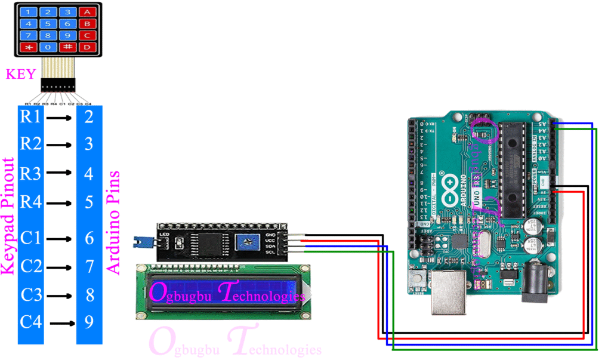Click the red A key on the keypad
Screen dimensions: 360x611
tap(87, 12)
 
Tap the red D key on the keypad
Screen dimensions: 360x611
tap(87, 47)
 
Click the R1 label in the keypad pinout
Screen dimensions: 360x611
tap(30, 116)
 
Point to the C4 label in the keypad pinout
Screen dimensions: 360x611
tap(30, 322)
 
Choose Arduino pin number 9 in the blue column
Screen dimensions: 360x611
tap(89, 322)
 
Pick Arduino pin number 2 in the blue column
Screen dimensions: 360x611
tap(89, 116)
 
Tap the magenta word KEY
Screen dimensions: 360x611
tap(20, 75)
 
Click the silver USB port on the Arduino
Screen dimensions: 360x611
tap(449, 294)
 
